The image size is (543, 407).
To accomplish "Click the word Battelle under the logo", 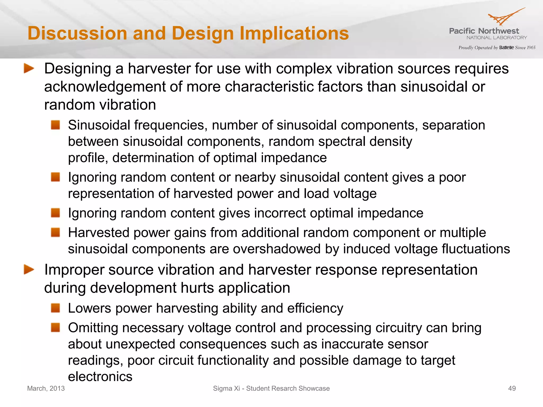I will [506, 48].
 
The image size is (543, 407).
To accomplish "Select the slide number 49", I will [512, 388].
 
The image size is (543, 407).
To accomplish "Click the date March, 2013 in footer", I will [46, 388].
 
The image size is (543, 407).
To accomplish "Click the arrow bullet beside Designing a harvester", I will [29, 69].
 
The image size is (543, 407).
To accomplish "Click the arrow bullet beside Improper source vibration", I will [29, 270].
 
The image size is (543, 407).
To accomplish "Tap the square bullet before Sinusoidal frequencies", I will [55, 125].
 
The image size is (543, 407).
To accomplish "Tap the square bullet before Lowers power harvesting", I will [55, 308].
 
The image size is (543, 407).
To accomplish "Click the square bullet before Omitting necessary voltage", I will [55, 328].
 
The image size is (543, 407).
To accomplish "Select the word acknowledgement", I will [104, 87].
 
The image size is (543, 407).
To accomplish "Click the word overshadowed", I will [277, 249].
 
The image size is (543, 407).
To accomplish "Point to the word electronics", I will [100, 377].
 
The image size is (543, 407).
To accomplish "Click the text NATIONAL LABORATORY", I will [497, 38].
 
